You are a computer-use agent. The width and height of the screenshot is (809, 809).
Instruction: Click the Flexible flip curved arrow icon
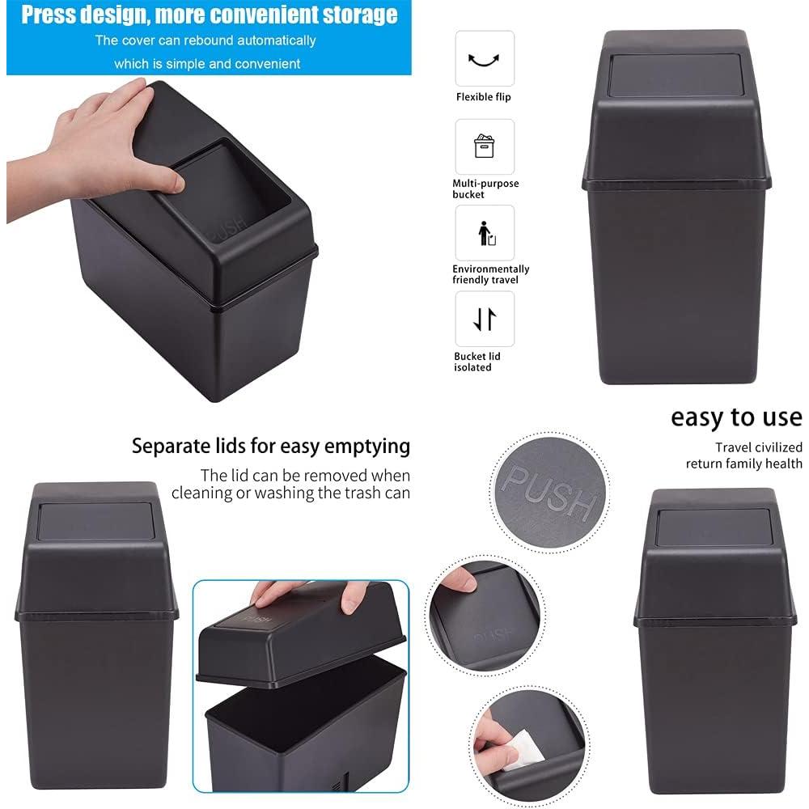[485, 59]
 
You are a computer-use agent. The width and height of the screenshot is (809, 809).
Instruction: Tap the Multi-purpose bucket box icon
[485, 146]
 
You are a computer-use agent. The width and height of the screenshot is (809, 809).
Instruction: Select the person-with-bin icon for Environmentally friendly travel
[485, 233]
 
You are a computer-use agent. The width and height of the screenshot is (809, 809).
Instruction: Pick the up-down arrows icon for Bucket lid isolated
[485, 320]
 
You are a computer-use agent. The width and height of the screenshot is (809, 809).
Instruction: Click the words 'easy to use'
[736, 417]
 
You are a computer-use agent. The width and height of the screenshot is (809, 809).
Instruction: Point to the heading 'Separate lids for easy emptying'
[271, 446]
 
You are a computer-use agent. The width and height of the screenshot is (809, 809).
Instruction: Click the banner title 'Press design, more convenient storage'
[209, 15]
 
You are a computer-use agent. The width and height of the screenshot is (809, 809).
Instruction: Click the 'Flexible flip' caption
[484, 97]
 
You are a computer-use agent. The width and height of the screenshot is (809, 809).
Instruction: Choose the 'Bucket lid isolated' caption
[477, 362]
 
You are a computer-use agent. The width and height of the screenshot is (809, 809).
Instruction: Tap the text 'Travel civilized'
[758, 447]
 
